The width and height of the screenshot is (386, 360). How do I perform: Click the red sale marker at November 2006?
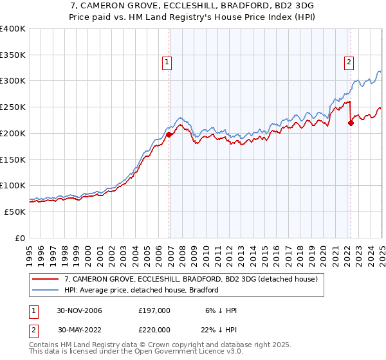tap(169, 135)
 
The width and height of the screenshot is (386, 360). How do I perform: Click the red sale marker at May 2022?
tap(351, 123)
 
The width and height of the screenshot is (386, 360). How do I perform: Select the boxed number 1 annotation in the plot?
tap(167, 62)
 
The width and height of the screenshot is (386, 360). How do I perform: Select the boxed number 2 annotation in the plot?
tap(348, 62)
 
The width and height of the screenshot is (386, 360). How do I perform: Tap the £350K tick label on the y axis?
tap(13, 55)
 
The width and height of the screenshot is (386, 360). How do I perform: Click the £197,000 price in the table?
tap(154, 310)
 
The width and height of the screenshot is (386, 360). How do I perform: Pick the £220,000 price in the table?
tap(154, 329)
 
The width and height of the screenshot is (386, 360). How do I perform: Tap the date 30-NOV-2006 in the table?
tap(80, 310)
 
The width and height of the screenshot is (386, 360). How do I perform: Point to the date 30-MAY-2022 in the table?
tap(80, 329)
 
